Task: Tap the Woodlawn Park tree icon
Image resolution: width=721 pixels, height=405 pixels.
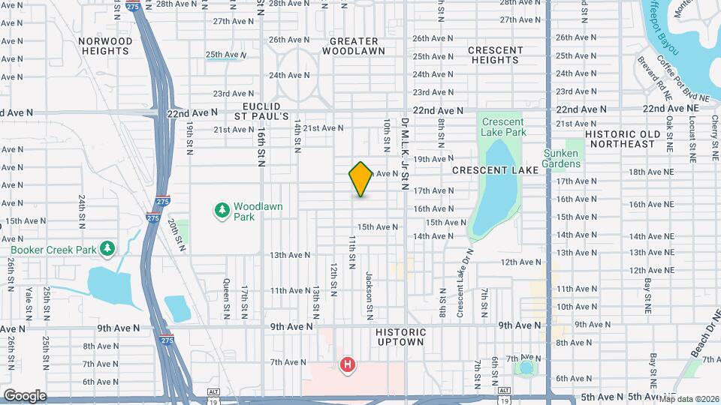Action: click(x=222, y=211)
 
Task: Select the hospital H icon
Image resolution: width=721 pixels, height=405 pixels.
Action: click(x=348, y=365)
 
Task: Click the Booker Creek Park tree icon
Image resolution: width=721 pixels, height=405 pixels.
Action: click(x=107, y=248)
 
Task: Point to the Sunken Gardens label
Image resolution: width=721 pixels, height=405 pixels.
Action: click(x=583, y=158)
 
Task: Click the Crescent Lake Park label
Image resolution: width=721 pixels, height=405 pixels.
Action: click(x=503, y=127)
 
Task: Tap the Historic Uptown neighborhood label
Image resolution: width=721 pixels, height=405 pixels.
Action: click(x=398, y=337)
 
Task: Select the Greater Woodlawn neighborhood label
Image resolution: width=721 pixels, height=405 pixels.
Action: click(x=354, y=46)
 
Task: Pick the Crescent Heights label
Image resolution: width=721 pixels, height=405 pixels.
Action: click(x=496, y=55)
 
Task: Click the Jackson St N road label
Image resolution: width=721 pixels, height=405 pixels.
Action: click(x=370, y=286)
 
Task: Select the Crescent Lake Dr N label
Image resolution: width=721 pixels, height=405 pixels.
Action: click(x=461, y=276)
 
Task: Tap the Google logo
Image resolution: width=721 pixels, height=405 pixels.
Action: click(x=24, y=395)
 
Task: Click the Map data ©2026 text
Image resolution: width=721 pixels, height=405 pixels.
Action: click(x=689, y=398)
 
